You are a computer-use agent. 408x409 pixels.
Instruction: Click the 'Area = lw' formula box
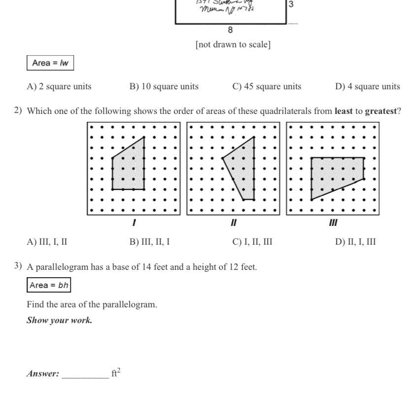(50, 63)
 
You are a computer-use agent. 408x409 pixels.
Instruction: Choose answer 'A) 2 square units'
(59, 86)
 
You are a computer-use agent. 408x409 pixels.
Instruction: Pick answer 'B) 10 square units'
(164, 86)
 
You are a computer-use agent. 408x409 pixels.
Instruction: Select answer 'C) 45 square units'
(267, 86)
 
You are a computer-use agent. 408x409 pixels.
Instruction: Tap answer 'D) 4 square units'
(368, 86)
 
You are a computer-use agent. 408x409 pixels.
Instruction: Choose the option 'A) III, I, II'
(47, 242)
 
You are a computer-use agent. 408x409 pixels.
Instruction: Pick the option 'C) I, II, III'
(252, 242)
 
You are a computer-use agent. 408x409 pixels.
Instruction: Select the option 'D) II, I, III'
(356, 242)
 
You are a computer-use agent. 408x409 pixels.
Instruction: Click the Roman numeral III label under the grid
(333, 223)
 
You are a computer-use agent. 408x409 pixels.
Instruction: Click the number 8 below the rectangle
(231, 30)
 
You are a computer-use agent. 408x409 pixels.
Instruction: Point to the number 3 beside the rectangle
(291, 4)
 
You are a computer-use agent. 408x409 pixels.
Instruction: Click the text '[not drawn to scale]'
(233, 45)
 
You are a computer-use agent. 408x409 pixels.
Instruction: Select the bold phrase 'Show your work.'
(60, 320)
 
